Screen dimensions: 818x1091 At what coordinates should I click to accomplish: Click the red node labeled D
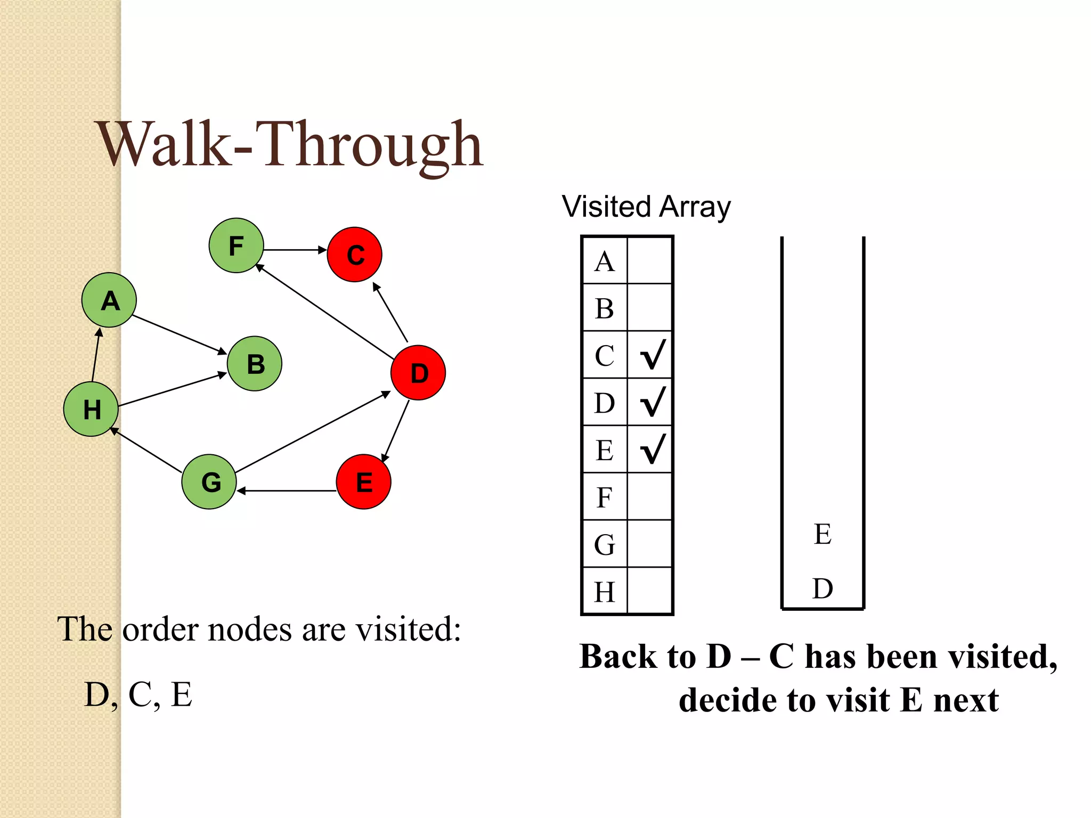418,373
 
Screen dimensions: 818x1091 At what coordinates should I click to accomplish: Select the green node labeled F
236,246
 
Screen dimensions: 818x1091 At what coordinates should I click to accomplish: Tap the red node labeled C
355,255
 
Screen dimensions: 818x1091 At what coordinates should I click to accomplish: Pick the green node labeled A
109,300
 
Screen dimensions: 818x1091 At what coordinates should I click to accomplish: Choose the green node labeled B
255,364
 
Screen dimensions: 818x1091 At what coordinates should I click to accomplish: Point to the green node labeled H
91,409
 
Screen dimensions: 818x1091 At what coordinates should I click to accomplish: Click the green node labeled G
209,481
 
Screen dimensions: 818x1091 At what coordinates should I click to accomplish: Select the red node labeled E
364,481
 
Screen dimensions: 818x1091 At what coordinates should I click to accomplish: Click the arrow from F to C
295,250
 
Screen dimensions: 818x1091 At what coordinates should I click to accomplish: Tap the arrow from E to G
287,490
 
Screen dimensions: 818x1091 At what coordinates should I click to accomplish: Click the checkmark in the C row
652,355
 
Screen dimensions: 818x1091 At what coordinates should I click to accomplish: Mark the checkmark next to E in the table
652,449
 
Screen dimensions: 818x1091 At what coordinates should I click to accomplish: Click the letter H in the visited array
605,592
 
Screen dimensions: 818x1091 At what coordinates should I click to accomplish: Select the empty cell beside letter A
650,260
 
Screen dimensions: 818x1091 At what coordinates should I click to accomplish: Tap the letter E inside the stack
823,534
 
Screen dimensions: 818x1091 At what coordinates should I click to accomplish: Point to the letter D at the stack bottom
823,588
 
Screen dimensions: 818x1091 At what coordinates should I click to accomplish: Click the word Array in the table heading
695,207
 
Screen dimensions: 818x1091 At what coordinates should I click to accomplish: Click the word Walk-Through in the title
290,145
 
